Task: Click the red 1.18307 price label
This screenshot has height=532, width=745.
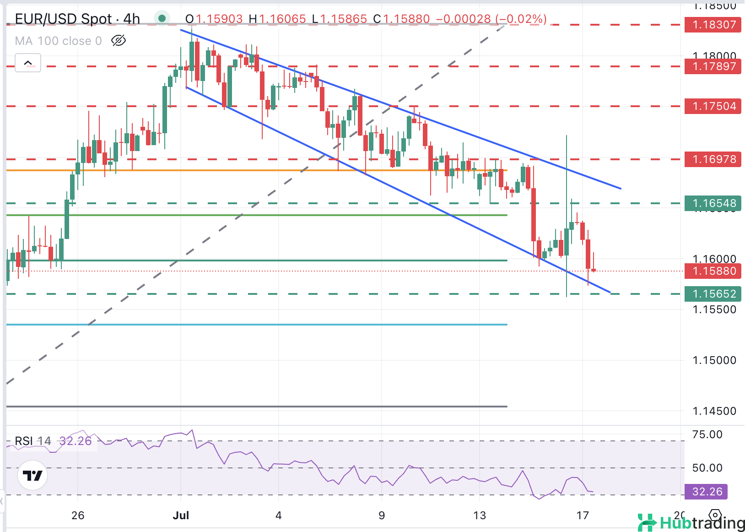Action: [713, 25]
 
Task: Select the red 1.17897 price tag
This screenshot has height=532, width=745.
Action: [713, 66]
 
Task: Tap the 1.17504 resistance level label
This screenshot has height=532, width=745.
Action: [713, 106]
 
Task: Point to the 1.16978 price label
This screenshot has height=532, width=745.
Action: [713, 159]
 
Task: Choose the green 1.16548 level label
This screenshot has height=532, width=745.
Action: [713, 203]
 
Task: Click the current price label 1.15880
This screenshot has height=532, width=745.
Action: [713, 271]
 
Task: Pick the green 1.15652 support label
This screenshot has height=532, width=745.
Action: [713, 294]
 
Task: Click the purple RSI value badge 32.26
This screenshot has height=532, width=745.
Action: [706, 492]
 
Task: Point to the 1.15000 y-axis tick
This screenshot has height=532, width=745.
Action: [714, 360]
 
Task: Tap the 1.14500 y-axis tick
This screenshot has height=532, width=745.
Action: [714, 411]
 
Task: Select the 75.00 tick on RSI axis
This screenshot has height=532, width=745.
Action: [707, 434]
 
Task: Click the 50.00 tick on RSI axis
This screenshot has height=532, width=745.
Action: [707, 468]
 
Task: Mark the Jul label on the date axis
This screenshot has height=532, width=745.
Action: [181, 516]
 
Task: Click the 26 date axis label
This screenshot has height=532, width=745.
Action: [78, 516]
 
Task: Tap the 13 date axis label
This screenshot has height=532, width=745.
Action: [479, 516]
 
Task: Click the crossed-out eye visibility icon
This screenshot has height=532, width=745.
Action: [119, 41]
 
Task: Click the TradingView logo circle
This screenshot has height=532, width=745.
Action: [32, 476]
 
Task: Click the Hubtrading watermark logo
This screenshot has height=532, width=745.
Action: [691, 522]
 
